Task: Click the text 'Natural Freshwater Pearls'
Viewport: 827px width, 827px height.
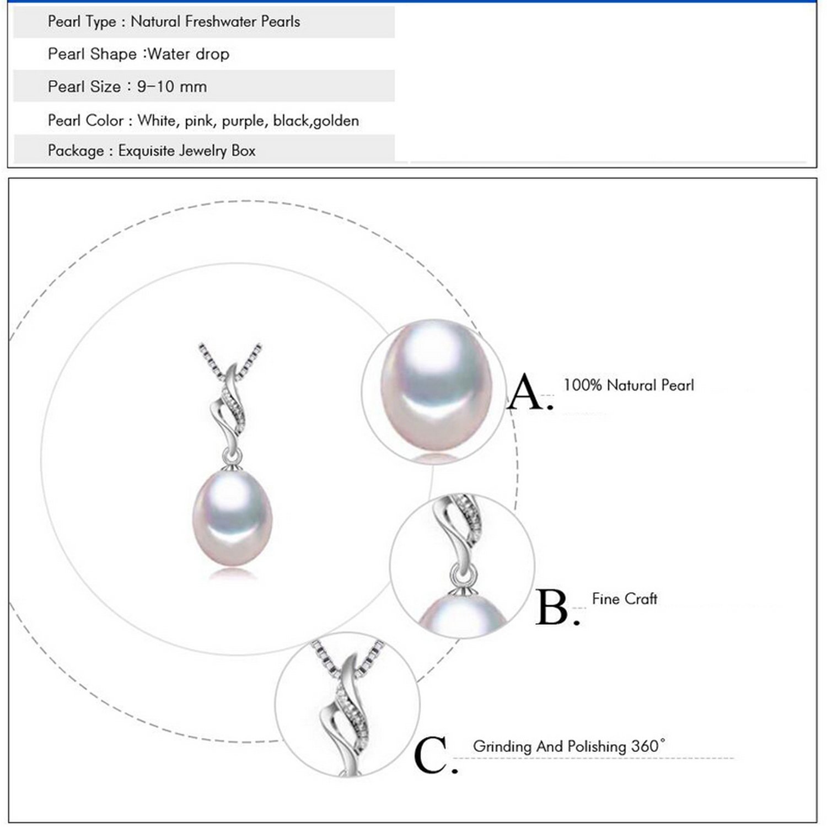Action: pos(215,22)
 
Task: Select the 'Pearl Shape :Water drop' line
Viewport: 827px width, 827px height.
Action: pos(138,54)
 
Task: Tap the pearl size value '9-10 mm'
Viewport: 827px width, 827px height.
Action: pos(172,87)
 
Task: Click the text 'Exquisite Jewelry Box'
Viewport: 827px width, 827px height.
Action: pos(186,151)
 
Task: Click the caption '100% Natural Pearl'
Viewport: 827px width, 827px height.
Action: pos(628,385)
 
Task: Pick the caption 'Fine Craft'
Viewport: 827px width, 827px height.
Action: pos(624,599)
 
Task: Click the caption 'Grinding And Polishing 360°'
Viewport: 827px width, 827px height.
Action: pos(568,747)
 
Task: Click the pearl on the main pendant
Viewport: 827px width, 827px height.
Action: pos(232,517)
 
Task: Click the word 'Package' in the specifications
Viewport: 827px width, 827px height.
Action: pos(75,151)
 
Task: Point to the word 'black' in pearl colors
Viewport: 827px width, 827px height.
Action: pos(291,121)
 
